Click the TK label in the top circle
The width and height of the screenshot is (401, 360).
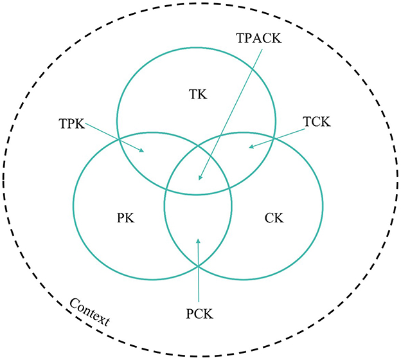(x=197, y=94)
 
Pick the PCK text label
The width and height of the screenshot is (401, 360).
(x=198, y=314)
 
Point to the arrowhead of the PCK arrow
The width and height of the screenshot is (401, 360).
(x=198, y=241)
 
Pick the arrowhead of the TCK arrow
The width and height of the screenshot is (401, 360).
(x=251, y=147)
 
